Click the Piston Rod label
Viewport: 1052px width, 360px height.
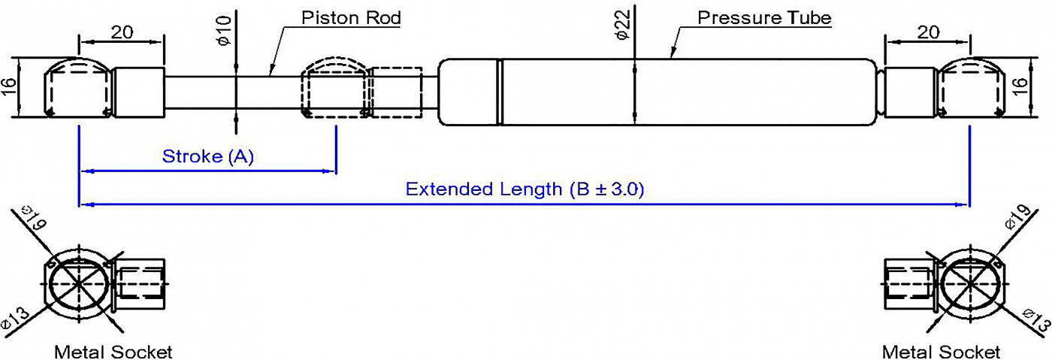coord(351,18)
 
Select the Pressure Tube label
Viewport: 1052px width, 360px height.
coord(764,18)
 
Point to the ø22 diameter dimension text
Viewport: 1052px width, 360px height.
coord(622,25)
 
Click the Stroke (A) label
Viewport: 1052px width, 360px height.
coord(207,156)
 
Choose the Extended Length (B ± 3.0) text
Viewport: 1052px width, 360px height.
coord(524,189)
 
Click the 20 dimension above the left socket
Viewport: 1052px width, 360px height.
coord(122,32)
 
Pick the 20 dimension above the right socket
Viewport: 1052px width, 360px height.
coord(929,32)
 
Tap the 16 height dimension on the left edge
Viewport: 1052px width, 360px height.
coord(9,87)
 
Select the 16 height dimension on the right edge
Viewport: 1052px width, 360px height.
coord(1019,87)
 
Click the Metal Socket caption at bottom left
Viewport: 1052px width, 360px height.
coord(113,352)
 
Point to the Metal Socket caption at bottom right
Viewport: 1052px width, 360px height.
coord(941,352)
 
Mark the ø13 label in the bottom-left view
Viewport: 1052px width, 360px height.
coord(15,318)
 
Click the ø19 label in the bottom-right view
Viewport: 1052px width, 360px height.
coord(1017,217)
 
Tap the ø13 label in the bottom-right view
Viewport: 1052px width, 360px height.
coord(1036,320)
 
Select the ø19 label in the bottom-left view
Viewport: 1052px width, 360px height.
coord(34,217)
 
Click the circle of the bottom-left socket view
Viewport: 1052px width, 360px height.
coord(79,283)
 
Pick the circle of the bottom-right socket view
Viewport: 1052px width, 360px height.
coord(970,283)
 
